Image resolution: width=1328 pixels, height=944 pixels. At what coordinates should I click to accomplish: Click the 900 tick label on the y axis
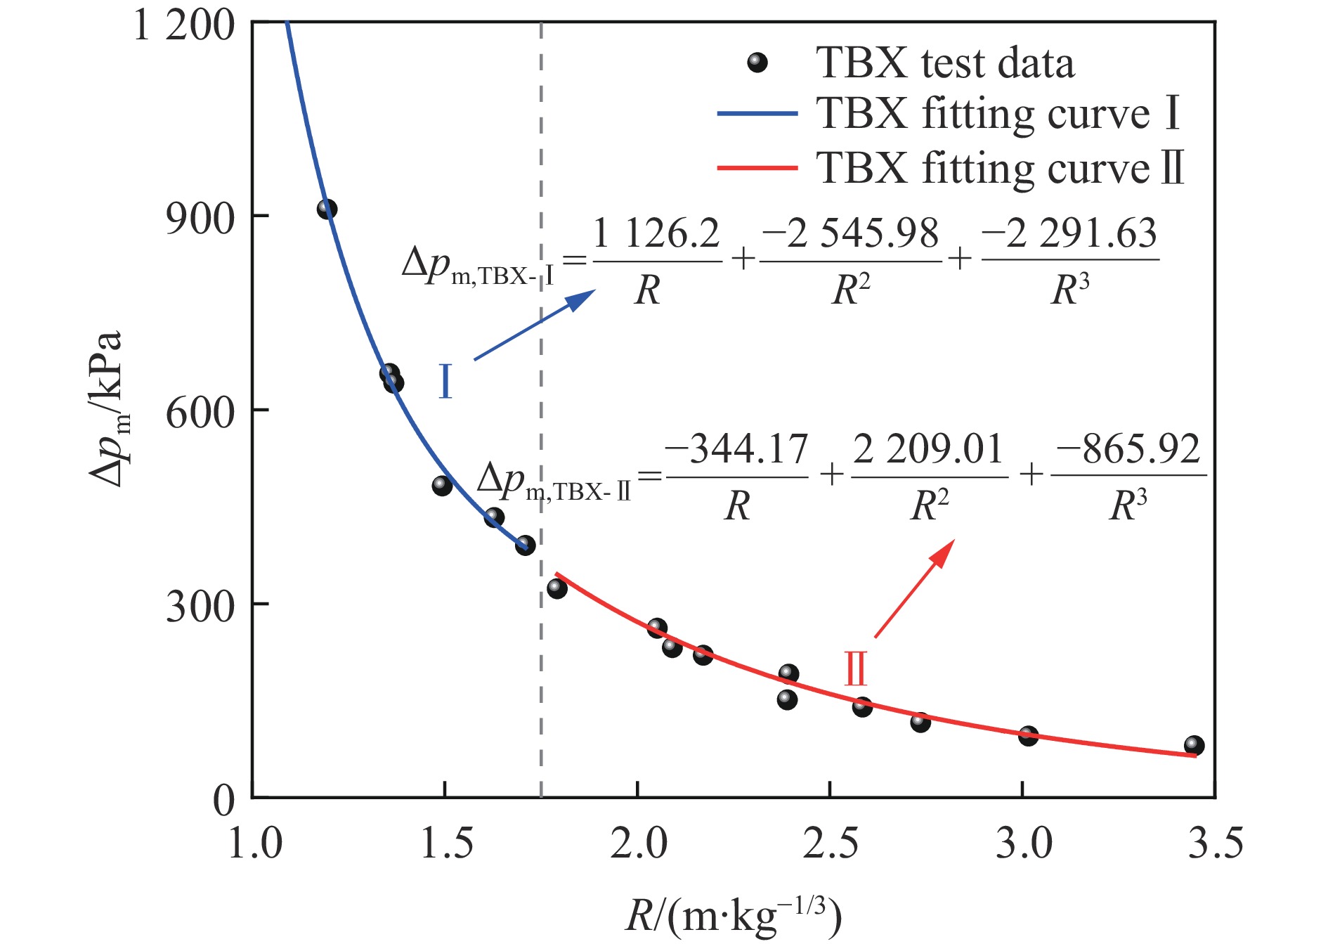coord(200,219)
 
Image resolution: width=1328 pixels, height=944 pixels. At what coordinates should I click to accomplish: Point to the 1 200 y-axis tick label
coord(183,26)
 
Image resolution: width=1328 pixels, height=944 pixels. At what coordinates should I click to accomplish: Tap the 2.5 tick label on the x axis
coord(831,843)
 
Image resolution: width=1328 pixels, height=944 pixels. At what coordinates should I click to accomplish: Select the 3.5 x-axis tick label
coord(1216,843)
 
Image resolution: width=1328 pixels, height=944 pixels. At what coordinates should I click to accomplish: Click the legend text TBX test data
coord(944,63)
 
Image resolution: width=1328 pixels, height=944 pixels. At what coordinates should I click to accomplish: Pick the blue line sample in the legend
coord(757,113)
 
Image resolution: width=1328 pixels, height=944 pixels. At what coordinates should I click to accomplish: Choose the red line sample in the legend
coord(757,168)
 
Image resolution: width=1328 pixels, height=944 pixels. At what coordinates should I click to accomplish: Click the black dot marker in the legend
coord(757,63)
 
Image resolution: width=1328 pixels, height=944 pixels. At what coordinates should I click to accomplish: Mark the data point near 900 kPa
coord(327,209)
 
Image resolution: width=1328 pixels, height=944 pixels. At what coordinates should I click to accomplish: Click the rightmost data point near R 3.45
coord(1194,746)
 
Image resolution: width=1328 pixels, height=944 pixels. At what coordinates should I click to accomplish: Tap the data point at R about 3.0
coord(1028,736)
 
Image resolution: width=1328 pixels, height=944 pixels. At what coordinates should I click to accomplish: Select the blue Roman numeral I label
coord(445,382)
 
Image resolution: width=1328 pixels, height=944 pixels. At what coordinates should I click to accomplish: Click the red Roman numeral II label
coord(856,668)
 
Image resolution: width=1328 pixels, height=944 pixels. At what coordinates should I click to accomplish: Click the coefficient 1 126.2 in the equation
coord(656,234)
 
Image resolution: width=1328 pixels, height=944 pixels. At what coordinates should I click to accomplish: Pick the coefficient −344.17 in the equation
coord(736,449)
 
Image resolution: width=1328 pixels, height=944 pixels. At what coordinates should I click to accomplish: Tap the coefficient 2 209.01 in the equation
coord(928,449)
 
